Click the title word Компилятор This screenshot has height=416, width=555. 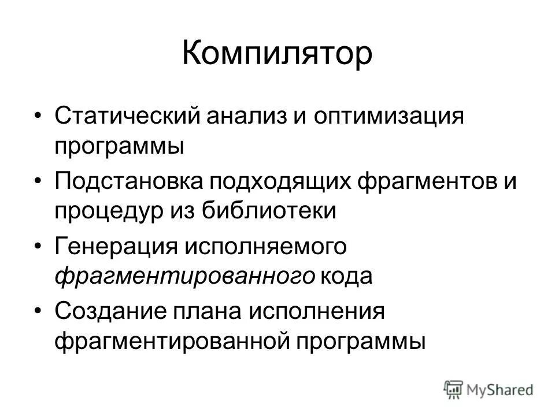277,53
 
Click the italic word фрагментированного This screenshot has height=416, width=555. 185,276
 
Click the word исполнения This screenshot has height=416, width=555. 316,313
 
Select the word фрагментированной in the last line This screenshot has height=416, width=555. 171,342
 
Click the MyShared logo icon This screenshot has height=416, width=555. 454,389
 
